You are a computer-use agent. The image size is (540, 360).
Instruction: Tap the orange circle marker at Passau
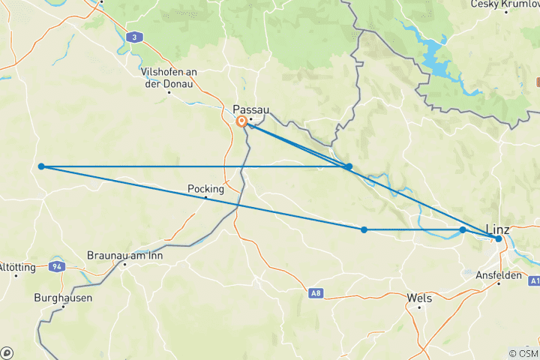(x=241, y=121)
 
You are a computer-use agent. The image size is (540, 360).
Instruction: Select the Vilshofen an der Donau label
(x=168, y=77)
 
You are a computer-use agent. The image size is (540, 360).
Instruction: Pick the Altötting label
(x=14, y=267)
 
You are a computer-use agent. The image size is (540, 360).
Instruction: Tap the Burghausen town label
(x=63, y=298)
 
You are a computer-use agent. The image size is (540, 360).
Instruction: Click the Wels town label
(x=418, y=298)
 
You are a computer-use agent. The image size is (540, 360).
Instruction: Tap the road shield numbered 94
(x=57, y=266)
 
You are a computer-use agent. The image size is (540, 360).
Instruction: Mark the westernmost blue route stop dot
(x=42, y=166)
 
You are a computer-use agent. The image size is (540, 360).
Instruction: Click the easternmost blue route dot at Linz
(x=498, y=238)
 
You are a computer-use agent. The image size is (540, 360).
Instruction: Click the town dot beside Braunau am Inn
(x=124, y=264)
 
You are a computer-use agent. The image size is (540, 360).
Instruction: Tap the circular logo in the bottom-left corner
(x=7, y=352)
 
